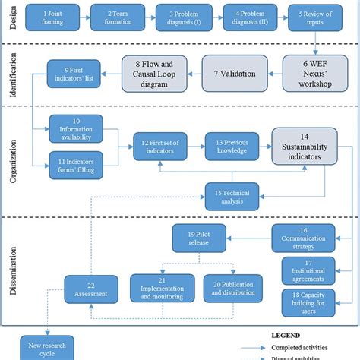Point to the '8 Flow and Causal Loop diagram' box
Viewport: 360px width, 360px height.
[x=156, y=74]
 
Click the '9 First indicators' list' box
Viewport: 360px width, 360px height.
[x=74, y=74]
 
